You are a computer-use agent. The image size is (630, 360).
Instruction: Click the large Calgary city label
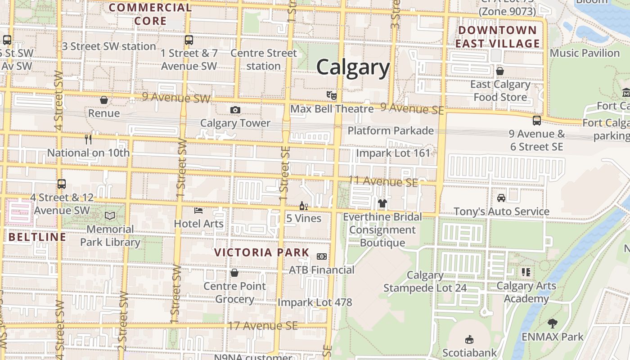point(353,67)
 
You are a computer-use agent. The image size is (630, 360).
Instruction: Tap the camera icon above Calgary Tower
point(235,110)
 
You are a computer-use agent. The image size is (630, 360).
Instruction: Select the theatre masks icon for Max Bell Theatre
point(332,95)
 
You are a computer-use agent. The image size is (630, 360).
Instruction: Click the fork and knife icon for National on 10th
point(88,139)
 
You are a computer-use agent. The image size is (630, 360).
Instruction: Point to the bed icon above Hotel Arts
point(198,210)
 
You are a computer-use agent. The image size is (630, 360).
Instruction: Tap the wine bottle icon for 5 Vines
point(304,206)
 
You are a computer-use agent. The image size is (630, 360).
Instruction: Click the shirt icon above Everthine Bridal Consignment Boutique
point(382,203)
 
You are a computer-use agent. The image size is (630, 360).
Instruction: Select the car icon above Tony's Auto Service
point(501,198)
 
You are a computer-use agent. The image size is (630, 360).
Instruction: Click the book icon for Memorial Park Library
point(110,216)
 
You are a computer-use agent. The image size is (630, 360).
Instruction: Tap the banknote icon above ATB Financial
point(322,256)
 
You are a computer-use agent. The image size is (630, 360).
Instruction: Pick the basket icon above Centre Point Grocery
point(234,273)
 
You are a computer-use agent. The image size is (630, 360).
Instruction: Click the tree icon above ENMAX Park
point(552,323)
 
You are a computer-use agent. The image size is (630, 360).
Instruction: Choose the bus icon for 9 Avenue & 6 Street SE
point(536,120)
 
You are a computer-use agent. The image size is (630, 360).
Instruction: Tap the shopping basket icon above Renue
point(104,100)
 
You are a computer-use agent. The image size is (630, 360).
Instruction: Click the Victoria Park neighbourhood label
point(261,252)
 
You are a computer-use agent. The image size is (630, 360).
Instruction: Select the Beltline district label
point(37,237)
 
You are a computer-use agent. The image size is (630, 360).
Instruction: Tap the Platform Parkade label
point(391,131)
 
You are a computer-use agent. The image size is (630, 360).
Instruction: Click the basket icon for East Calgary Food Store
point(500,71)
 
